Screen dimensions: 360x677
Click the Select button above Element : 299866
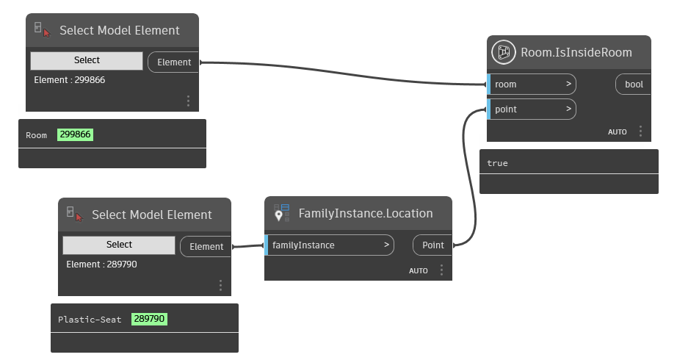[87, 60]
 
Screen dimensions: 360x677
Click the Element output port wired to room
[174, 62]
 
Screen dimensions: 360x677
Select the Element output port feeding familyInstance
[206, 246]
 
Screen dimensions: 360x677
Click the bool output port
[633, 84]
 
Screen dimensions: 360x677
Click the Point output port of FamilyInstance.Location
[432, 245]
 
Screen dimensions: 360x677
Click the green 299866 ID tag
[75, 135]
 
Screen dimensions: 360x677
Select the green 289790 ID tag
[150, 319]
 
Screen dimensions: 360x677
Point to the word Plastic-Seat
[90, 320]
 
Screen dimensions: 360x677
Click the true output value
[497, 163]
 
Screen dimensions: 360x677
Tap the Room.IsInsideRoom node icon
[504, 52]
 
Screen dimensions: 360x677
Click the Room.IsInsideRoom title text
[576, 52]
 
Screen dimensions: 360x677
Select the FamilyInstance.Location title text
[365, 214]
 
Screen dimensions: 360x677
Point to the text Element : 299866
[69, 79]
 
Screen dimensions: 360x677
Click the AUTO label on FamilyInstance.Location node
[419, 271]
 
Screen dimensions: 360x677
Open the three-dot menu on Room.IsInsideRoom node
[640, 132]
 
